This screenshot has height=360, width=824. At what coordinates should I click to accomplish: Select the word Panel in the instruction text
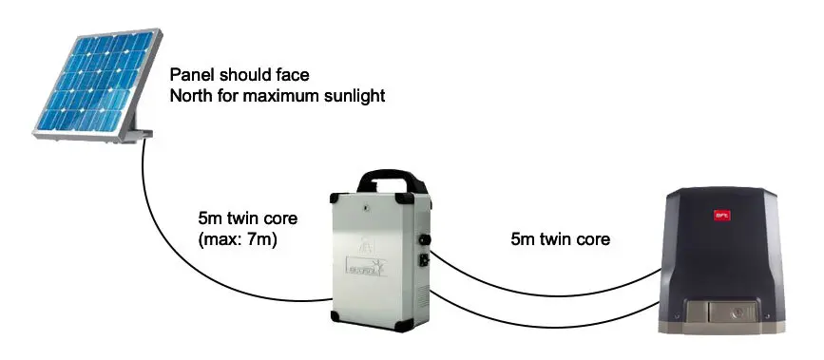(x=189, y=74)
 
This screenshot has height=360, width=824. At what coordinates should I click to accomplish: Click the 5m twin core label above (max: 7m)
(x=241, y=218)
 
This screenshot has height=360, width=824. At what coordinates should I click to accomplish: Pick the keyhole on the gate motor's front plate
(x=732, y=311)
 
